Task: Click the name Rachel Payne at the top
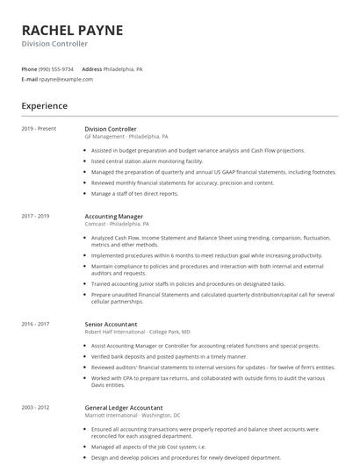point(72,30)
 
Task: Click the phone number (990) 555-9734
point(57,68)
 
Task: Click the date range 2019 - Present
point(39,129)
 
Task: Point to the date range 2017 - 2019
point(36,216)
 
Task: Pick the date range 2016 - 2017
point(36,325)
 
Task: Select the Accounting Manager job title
point(113,216)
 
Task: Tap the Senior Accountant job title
point(112,325)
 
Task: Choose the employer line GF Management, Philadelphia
point(126,137)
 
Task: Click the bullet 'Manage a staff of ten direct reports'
point(134,193)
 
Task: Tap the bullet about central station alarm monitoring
point(147,161)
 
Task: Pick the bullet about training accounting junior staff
point(188,284)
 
